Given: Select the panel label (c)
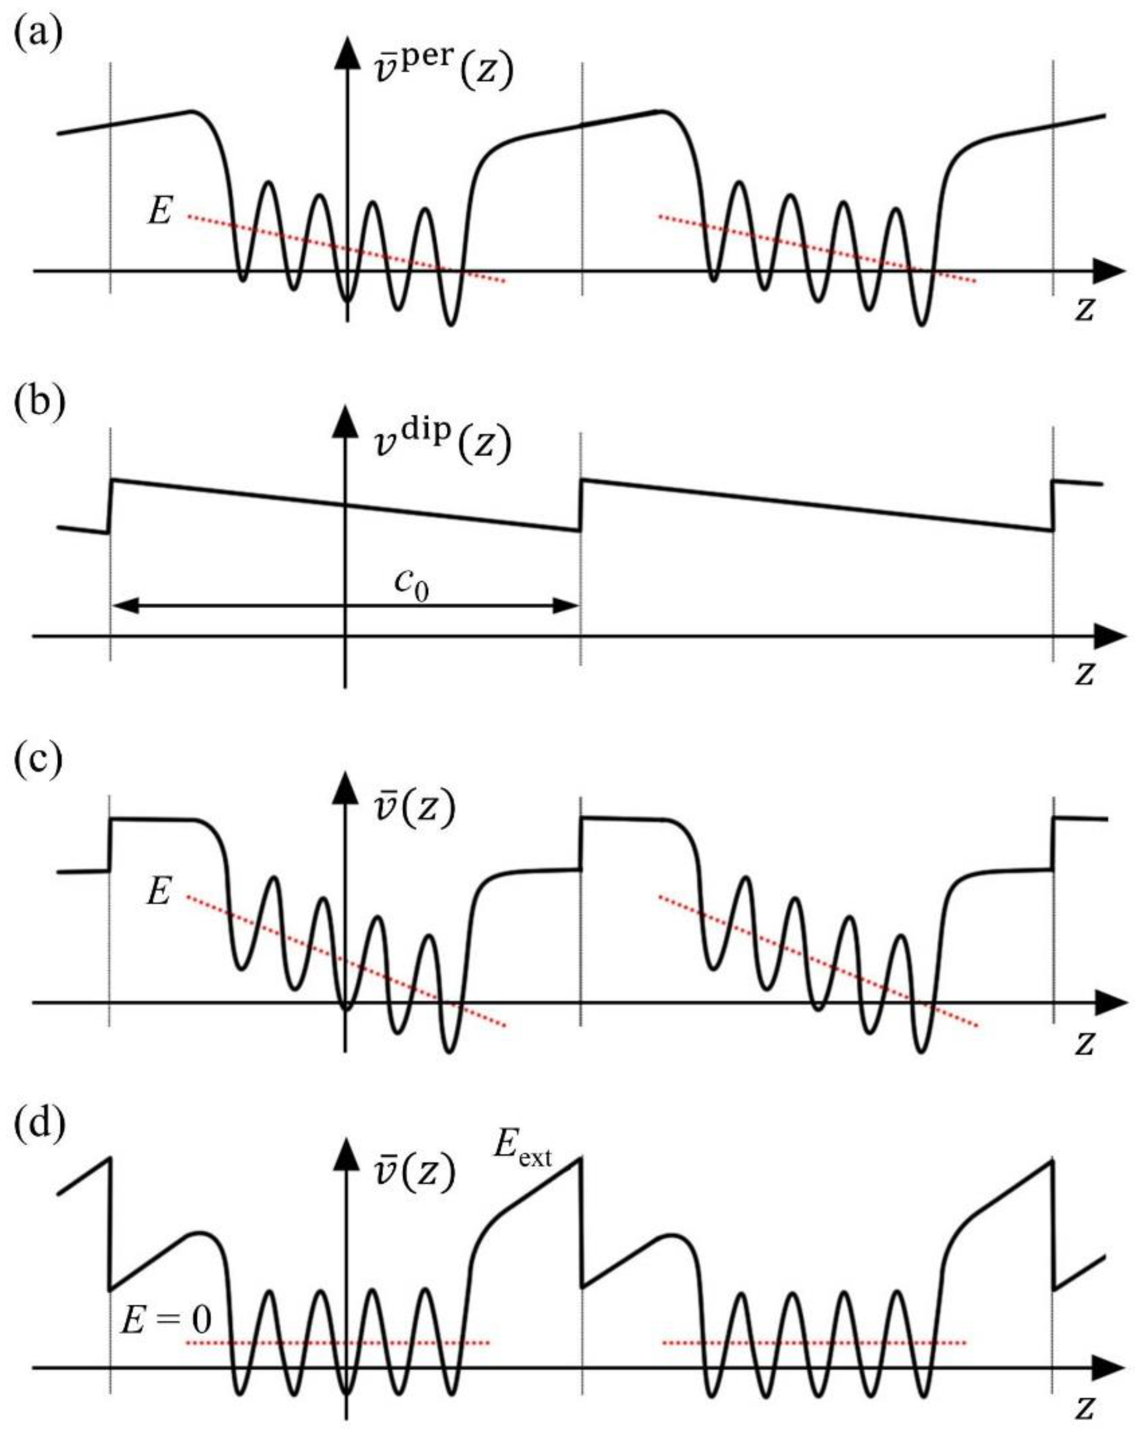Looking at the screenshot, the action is [38, 760].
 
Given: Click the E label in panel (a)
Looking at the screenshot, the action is [160, 212].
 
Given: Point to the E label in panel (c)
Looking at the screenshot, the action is [159, 891].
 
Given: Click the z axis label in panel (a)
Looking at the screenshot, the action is [1084, 308].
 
